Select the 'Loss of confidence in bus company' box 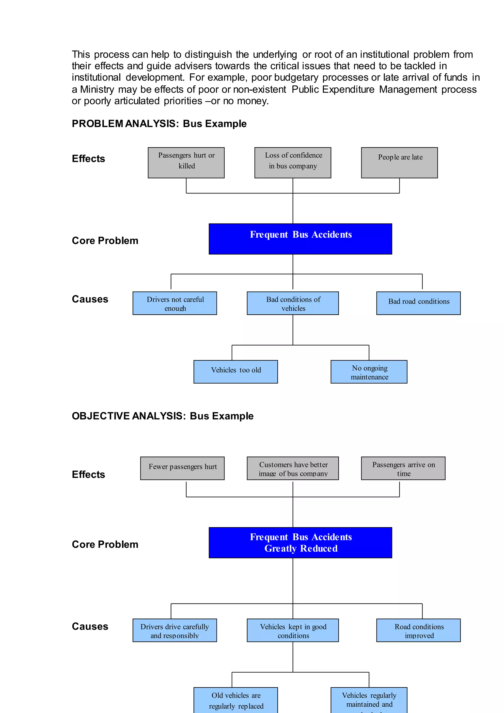click(x=293, y=162)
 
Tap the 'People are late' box click(x=399, y=162)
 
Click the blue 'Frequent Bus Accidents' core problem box click(x=300, y=239)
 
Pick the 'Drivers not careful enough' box click(x=175, y=303)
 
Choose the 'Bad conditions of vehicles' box click(x=293, y=303)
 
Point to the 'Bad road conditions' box click(x=418, y=303)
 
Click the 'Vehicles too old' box click(x=236, y=372)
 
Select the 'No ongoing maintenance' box click(x=369, y=372)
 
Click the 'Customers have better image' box click(x=293, y=468)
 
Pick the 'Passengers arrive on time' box click(x=403, y=468)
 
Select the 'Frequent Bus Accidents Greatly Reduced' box click(x=300, y=543)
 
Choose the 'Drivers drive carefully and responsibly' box click(x=175, y=630)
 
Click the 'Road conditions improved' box click(x=418, y=630)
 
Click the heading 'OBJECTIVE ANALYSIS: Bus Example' click(x=163, y=416)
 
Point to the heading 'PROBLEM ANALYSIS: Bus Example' click(x=159, y=124)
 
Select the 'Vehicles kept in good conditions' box click(x=293, y=630)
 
